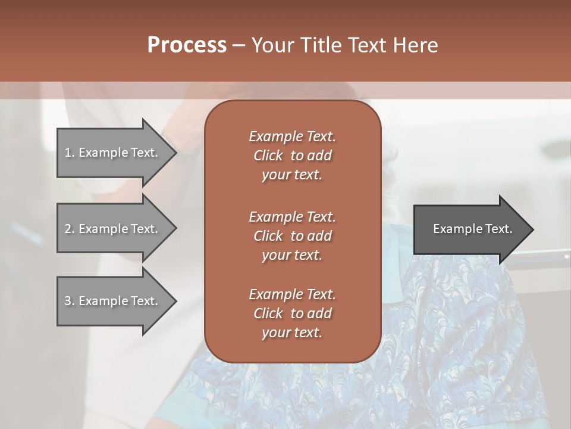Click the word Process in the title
tap(187, 45)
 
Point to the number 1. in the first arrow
tap(70, 153)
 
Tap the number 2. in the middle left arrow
tap(70, 229)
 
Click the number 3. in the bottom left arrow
tap(70, 301)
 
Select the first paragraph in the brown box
tap(292, 156)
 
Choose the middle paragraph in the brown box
tap(292, 236)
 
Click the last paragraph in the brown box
tap(292, 313)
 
